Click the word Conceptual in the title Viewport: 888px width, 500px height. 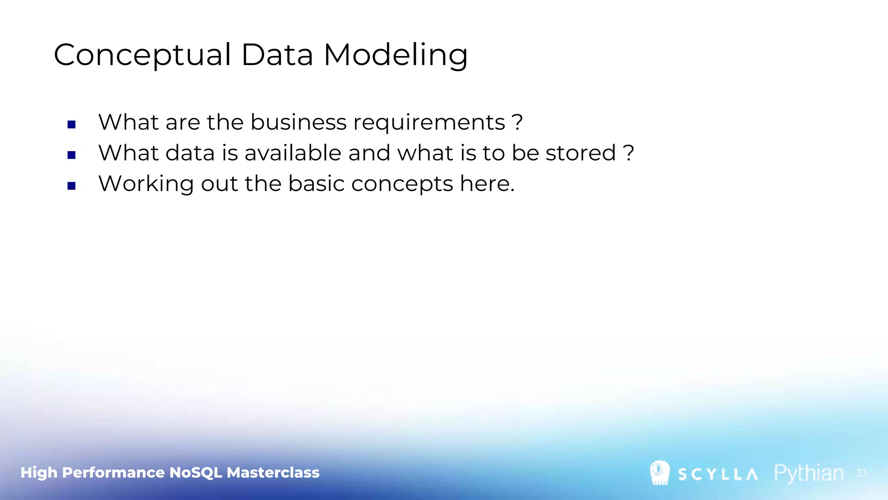(x=142, y=55)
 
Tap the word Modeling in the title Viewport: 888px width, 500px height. (x=395, y=55)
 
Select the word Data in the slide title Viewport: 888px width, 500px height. (x=277, y=55)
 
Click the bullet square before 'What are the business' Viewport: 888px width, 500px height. (x=72, y=125)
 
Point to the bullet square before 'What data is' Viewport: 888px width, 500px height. (x=72, y=155)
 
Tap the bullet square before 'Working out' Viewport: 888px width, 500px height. (x=72, y=186)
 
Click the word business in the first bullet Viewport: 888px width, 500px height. (x=298, y=122)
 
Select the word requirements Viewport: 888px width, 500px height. (x=429, y=123)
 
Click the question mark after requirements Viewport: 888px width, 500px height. (x=517, y=122)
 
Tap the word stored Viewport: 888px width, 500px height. (x=581, y=153)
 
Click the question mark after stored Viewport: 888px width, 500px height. (x=628, y=153)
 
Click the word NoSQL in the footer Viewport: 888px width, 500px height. (x=196, y=472)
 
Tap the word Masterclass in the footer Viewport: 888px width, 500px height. (x=273, y=472)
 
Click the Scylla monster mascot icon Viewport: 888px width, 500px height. (x=659, y=473)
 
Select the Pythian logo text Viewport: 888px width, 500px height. (x=809, y=473)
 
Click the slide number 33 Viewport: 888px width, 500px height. (x=861, y=473)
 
